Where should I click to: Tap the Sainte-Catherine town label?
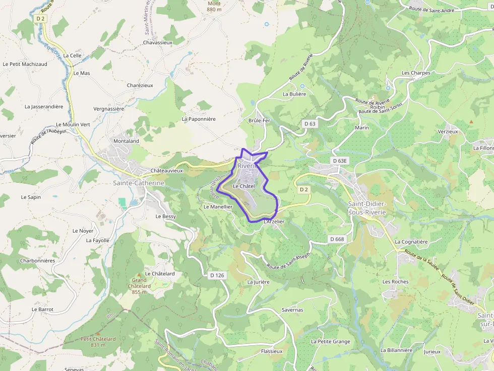pos(139,183)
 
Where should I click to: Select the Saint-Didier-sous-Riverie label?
pos(367,207)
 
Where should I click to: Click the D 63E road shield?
pos(340,161)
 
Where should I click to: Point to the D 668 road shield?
pos(337,239)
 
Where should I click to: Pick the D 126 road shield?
pos(216,275)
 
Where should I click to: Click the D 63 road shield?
pos(310,123)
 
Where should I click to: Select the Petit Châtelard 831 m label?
pos(98,342)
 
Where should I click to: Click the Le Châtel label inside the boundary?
pos(244,186)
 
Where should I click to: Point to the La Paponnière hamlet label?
pos(199,119)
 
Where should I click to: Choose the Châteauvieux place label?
pos(167,171)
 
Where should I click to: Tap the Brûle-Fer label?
pos(260,121)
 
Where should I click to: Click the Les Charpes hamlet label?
pos(416,73)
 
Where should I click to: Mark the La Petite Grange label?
pos(331,341)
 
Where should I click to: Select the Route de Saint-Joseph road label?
pos(288,260)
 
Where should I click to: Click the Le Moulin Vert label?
pos(73,124)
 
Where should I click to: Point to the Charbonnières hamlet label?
pos(37,261)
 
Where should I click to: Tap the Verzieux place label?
pos(448,131)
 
